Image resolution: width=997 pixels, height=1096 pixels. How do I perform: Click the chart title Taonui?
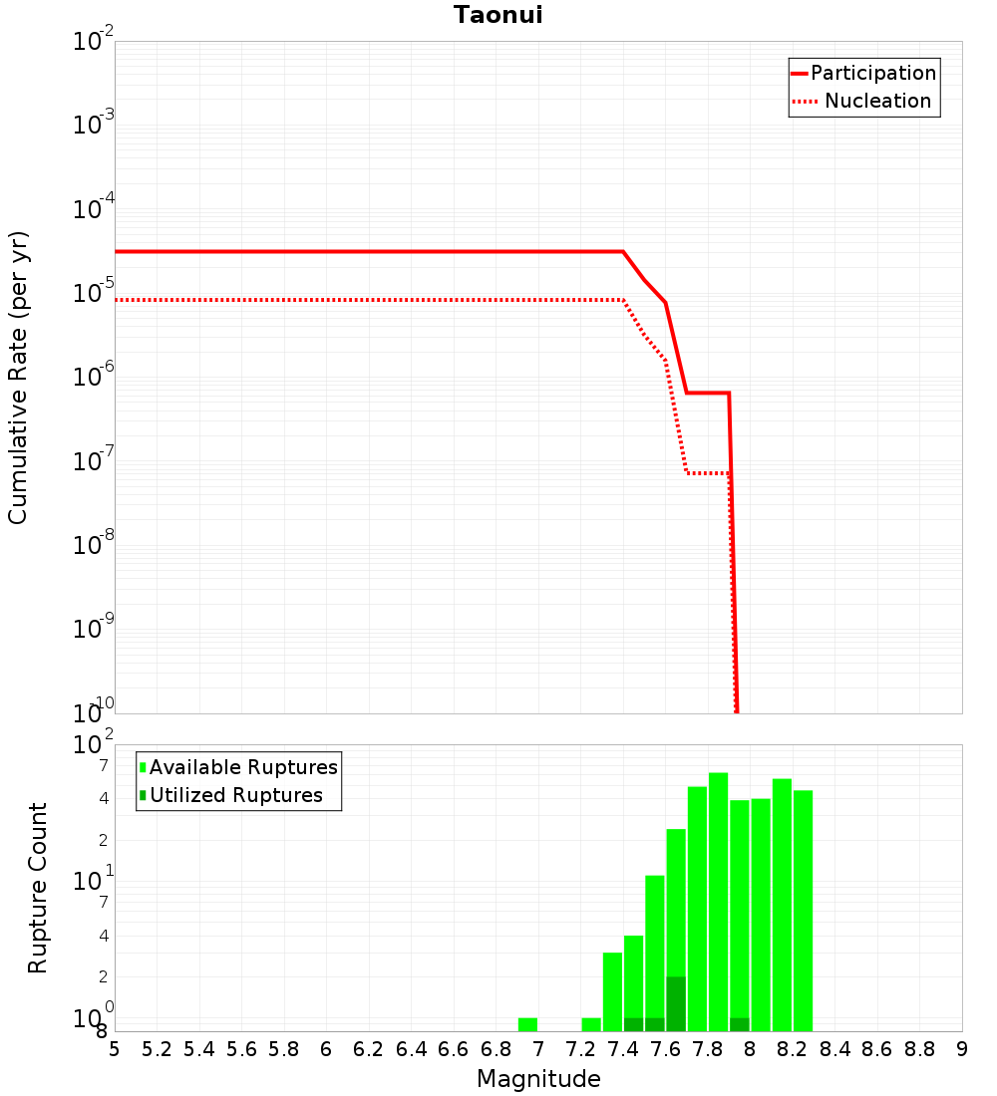[498, 15]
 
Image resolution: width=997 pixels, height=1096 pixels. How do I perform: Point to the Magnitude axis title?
[538, 1079]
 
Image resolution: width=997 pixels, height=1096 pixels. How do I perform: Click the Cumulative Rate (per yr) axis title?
[18, 377]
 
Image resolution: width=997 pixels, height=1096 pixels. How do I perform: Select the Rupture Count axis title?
[38, 888]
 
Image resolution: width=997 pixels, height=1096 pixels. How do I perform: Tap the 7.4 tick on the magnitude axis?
[623, 1049]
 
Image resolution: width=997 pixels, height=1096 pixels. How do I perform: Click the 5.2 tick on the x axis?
[157, 1049]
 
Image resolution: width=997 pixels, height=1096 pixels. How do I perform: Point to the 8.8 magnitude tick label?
[919, 1049]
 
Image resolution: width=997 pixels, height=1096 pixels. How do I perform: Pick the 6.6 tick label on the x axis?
[454, 1049]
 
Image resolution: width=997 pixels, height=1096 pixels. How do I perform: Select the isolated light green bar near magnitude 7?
[527, 1024]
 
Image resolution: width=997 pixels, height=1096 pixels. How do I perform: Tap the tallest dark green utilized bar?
[676, 1003]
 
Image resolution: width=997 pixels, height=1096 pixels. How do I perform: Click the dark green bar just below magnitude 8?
[739, 1024]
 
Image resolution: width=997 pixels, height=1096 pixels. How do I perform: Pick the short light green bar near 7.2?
[591, 1024]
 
